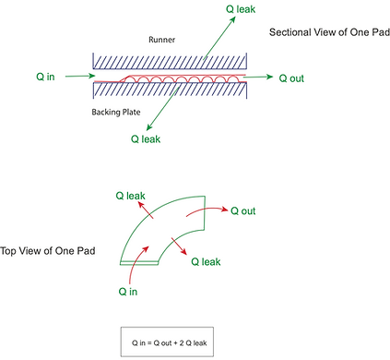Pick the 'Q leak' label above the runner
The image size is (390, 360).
pos(243,7)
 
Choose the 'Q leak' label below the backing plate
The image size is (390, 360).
pos(147,139)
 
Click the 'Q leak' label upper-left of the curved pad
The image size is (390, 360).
pos(130,197)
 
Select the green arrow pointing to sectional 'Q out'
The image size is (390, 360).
pos(262,78)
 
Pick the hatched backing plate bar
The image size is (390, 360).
pos(170,90)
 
